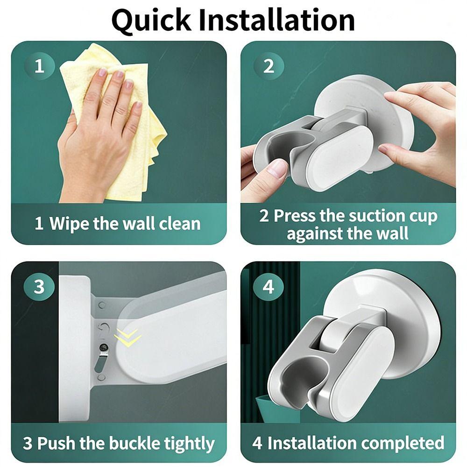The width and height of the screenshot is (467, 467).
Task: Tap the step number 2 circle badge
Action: tap(269, 66)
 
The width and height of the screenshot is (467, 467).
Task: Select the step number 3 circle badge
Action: tap(39, 286)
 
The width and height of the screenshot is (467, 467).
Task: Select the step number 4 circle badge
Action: tap(269, 286)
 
